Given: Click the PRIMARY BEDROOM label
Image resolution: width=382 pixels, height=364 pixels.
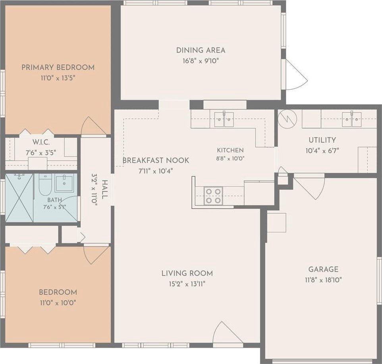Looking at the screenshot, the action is [58, 67].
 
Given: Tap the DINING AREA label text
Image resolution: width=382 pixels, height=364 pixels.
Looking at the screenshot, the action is [201, 50].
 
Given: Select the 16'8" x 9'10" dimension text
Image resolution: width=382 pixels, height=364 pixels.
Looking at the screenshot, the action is [201, 61].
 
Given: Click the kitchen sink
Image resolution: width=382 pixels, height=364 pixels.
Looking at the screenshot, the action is [224, 119].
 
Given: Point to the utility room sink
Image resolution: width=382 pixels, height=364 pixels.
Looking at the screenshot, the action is [351, 119].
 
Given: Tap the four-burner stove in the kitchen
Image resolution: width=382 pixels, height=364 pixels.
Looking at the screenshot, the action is [213, 196].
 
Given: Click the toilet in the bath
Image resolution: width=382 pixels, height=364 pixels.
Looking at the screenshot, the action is [45, 185].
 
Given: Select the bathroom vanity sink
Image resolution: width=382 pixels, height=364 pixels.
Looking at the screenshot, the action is [64, 183].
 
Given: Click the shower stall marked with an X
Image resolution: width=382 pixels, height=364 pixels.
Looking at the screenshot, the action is [19, 198].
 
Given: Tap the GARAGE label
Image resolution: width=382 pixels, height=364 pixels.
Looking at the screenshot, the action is [323, 269].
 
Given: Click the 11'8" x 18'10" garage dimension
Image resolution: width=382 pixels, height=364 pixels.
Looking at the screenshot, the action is [323, 280].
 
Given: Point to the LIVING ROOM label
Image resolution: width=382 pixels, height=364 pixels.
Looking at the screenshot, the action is [187, 273].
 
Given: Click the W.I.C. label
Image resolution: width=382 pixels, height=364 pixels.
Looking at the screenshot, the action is [41, 142].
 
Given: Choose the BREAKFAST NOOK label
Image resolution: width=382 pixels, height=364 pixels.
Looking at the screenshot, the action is [156, 160].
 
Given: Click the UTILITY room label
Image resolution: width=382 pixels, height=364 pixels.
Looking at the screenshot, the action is [322, 140].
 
